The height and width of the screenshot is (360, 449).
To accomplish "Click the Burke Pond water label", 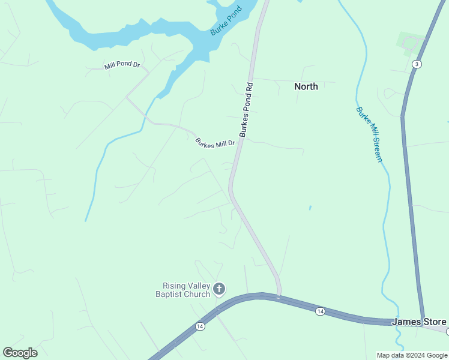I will pos(226,20).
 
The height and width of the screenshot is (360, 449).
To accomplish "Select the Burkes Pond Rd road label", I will pos(247,110).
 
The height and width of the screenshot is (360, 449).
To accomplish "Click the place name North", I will pos(306,86).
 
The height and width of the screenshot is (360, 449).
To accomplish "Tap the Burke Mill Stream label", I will pos(369,134).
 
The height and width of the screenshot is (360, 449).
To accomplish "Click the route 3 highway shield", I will pos(415,64).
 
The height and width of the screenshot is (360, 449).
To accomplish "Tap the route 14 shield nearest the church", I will pos(200,326).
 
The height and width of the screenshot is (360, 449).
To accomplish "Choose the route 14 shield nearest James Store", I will pos(320,310).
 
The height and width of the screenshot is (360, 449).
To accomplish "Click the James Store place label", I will pos(418,322).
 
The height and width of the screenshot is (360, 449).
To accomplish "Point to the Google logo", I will pos(20,352).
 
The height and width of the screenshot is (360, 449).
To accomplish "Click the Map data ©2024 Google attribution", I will pos(412,355).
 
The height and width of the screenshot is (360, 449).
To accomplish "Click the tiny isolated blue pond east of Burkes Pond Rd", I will pos(310,208).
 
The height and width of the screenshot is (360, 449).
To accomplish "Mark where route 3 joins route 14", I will pos(424,323).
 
